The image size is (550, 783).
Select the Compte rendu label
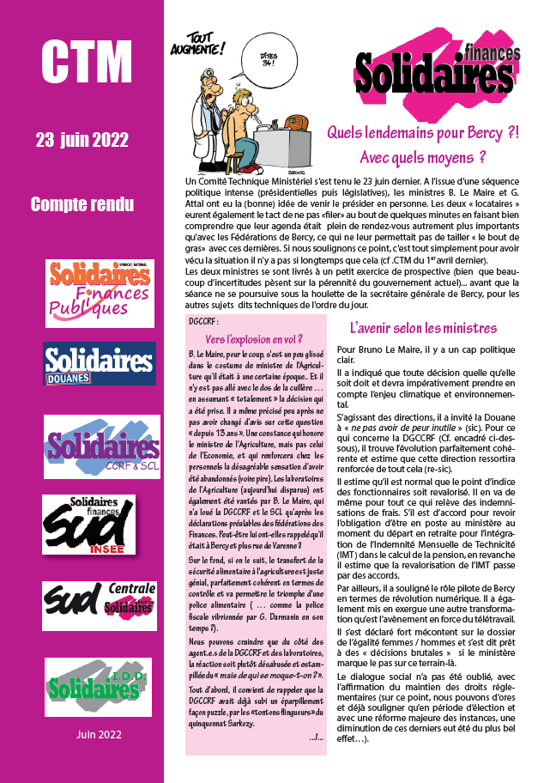[x=82, y=204]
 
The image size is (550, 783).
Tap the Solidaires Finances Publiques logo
[x=100, y=293]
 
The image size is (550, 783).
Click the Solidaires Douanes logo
[x=100, y=362]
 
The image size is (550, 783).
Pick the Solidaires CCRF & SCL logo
[x=101, y=447]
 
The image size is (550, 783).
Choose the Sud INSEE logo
[x=101, y=524]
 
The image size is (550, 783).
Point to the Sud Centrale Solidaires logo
[x=100, y=593]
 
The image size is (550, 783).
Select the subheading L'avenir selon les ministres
[x=423, y=328]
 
